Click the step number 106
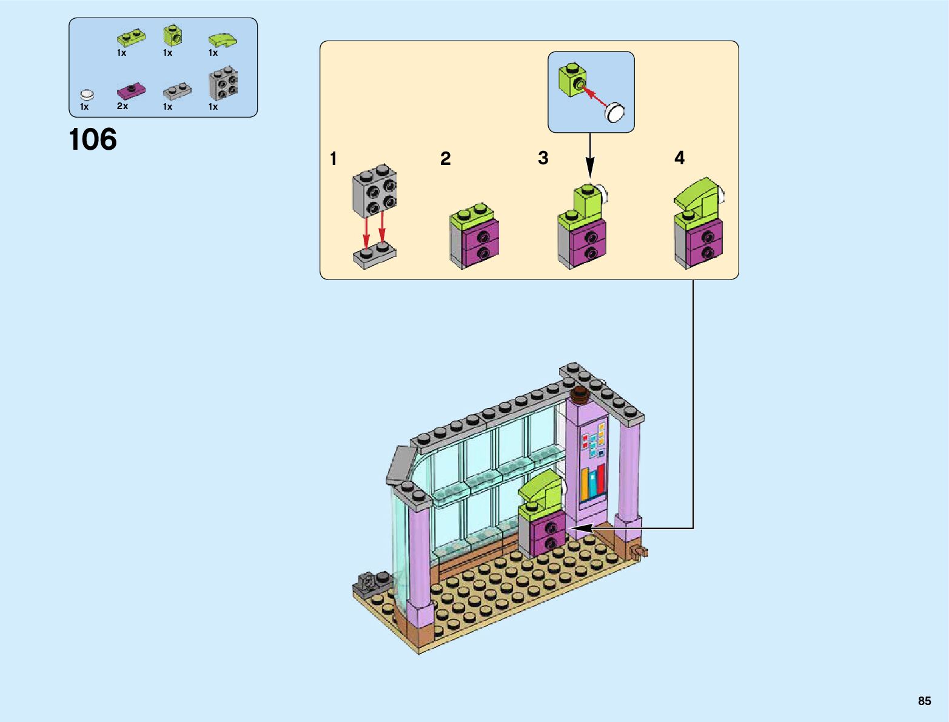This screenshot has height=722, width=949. (x=93, y=140)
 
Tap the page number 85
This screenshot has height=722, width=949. (x=924, y=701)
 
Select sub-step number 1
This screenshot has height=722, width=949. (x=333, y=159)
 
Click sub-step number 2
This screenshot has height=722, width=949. (x=445, y=159)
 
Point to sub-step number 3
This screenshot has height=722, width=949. (x=543, y=158)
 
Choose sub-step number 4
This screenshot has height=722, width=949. (x=679, y=158)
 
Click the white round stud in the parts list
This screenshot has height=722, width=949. (x=87, y=95)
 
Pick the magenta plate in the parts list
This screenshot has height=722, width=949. (x=130, y=90)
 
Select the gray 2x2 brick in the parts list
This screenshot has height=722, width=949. (x=223, y=83)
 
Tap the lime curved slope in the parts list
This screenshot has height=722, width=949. (x=223, y=40)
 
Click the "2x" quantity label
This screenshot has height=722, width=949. (x=122, y=106)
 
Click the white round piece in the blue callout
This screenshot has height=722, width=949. (x=615, y=112)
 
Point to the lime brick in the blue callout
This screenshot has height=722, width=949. (x=572, y=79)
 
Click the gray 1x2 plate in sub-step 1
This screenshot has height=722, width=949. (x=374, y=255)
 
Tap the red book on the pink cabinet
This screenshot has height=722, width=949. (x=600, y=479)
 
